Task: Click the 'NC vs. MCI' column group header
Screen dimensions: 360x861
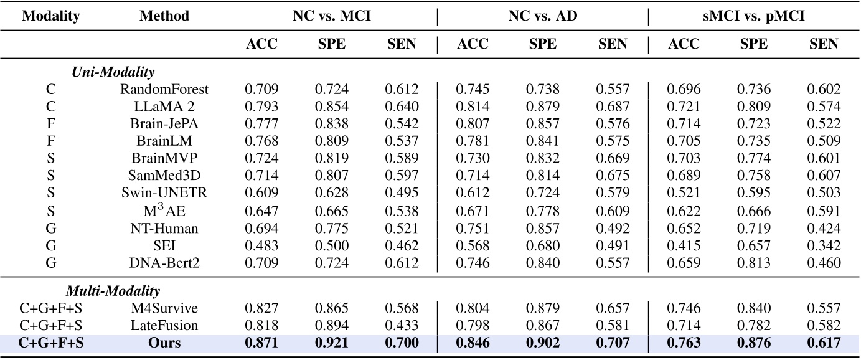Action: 331,17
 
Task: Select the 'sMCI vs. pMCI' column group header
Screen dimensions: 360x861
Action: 754,17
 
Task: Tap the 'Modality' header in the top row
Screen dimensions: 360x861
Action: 51,17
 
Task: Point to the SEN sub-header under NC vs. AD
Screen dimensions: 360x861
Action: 613,44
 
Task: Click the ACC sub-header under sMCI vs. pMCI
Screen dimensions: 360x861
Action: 684,44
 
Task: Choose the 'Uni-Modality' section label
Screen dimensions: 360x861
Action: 113,72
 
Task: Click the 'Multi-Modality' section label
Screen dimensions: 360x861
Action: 113,291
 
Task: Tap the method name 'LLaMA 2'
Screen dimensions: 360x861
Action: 164,107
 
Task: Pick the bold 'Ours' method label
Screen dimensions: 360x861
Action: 164,343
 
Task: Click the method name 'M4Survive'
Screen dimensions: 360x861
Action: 164,308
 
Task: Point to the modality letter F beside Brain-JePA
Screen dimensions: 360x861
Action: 51,124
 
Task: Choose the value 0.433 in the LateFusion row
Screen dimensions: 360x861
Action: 402,326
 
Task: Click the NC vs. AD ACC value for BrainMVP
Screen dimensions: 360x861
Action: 473,159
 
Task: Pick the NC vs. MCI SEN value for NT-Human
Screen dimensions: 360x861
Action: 402,229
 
